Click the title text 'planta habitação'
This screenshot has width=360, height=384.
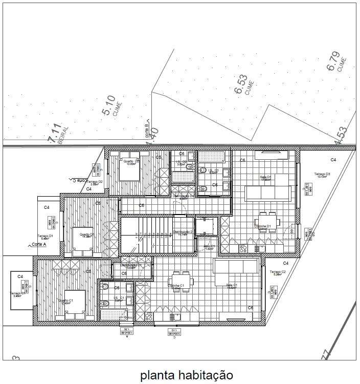[x=186, y=375]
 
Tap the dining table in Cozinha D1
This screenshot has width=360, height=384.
[x=267, y=221]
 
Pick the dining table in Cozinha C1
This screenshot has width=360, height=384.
[x=182, y=280]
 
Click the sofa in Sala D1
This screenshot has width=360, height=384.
[x=268, y=193]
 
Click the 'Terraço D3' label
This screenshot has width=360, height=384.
[x=322, y=175]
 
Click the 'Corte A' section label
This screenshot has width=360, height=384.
[x=38, y=245]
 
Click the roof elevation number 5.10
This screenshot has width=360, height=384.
[x=109, y=105]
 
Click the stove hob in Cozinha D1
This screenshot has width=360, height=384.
[x=243, y=248]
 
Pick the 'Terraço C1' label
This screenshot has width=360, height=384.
[x=17, y=294]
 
